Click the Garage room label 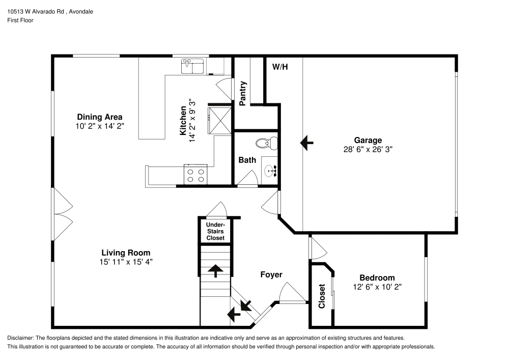click(368, 141)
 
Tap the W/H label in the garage click(280, 67)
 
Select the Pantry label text click(243, 93)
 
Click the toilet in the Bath click(266, 144)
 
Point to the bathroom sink click(270, 170)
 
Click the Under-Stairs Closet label click(215, 231)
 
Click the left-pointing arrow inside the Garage click(307, 143)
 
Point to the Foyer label click(271, 274)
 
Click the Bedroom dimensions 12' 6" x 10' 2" click(377, 287)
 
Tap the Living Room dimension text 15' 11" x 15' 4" click(126, 262)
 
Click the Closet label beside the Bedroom click(322, 296)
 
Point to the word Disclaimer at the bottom click(20, 338)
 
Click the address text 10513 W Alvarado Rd click(35, 11)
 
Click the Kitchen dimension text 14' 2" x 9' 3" click(192, 120)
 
